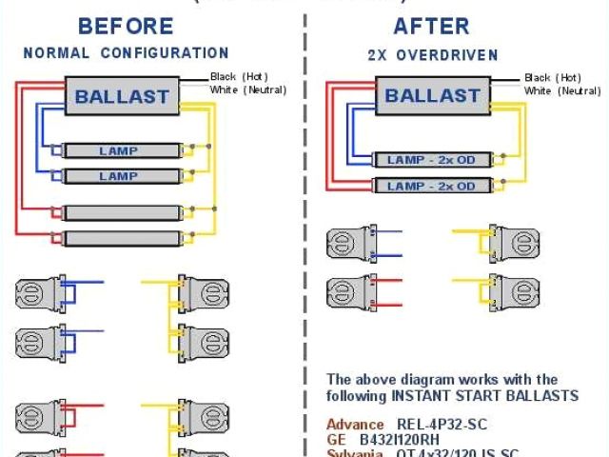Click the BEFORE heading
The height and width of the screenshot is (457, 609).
click(125, 26)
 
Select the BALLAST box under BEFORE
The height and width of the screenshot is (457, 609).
click(121, 95)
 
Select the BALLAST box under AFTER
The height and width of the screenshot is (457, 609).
click(431, 95)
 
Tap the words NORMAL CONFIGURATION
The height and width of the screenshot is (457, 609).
click(126, 53)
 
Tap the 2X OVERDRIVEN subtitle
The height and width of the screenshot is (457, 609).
click(433, 55)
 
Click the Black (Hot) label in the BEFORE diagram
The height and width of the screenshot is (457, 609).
click(241, 76)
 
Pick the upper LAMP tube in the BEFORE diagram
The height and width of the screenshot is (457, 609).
click(120, 150)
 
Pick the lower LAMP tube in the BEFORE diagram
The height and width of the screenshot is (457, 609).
click(120, 176)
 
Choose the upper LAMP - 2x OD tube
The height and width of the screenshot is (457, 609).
click(431, 159)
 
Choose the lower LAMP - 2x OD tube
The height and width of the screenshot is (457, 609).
click(431, 185)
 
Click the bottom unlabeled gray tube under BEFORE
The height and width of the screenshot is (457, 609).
click(120, 237)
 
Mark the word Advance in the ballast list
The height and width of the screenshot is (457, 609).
click(355, 424)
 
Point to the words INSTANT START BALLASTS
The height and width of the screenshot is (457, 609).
click(486, 395)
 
